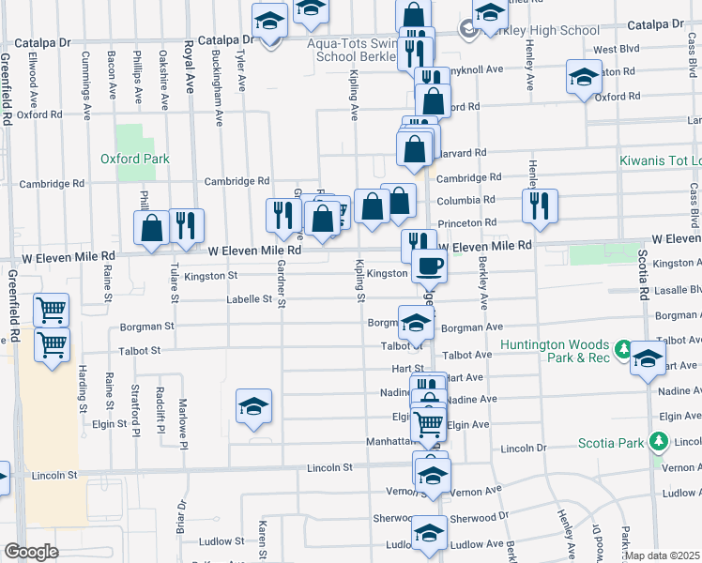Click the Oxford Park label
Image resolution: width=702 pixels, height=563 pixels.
click(135, 159)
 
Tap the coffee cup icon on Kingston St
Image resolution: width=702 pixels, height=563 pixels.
click(429, 266)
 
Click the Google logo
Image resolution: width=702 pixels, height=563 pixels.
click(31, 552)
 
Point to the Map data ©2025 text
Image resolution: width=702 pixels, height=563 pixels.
click(663, 555)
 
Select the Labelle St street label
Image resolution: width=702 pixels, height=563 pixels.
click(248, 300)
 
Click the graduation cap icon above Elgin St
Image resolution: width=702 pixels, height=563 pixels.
click(253, 406)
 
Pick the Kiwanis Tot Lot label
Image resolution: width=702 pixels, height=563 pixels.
click(660, 161)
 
